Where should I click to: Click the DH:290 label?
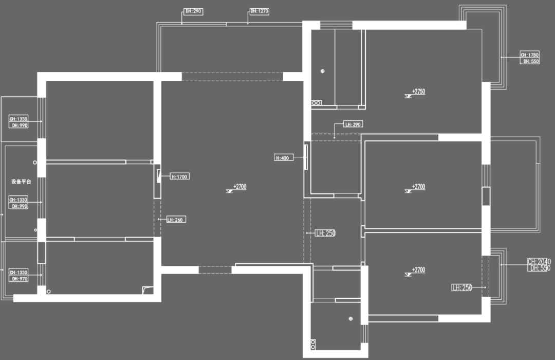[193, 11]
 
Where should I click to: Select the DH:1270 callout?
[260, 11]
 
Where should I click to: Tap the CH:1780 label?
[530, 55]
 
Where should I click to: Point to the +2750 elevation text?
[418, 92]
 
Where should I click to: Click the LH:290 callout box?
[353, 124]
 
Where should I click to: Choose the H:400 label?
[284, 158]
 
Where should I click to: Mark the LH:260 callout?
[175, 220]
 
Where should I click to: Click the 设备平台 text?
[21, 182]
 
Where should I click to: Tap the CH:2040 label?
[539, 262]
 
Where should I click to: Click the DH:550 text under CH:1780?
[531, 61]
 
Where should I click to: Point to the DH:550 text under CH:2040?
[540, 268]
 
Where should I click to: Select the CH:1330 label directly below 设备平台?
[18, 200]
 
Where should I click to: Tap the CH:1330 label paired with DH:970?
[19, 272]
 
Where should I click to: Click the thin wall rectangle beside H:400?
[306, 156]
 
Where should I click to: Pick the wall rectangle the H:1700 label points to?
[159, 184]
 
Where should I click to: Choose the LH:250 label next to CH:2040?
[461, 287]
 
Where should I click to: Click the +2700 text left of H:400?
[239, 187]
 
